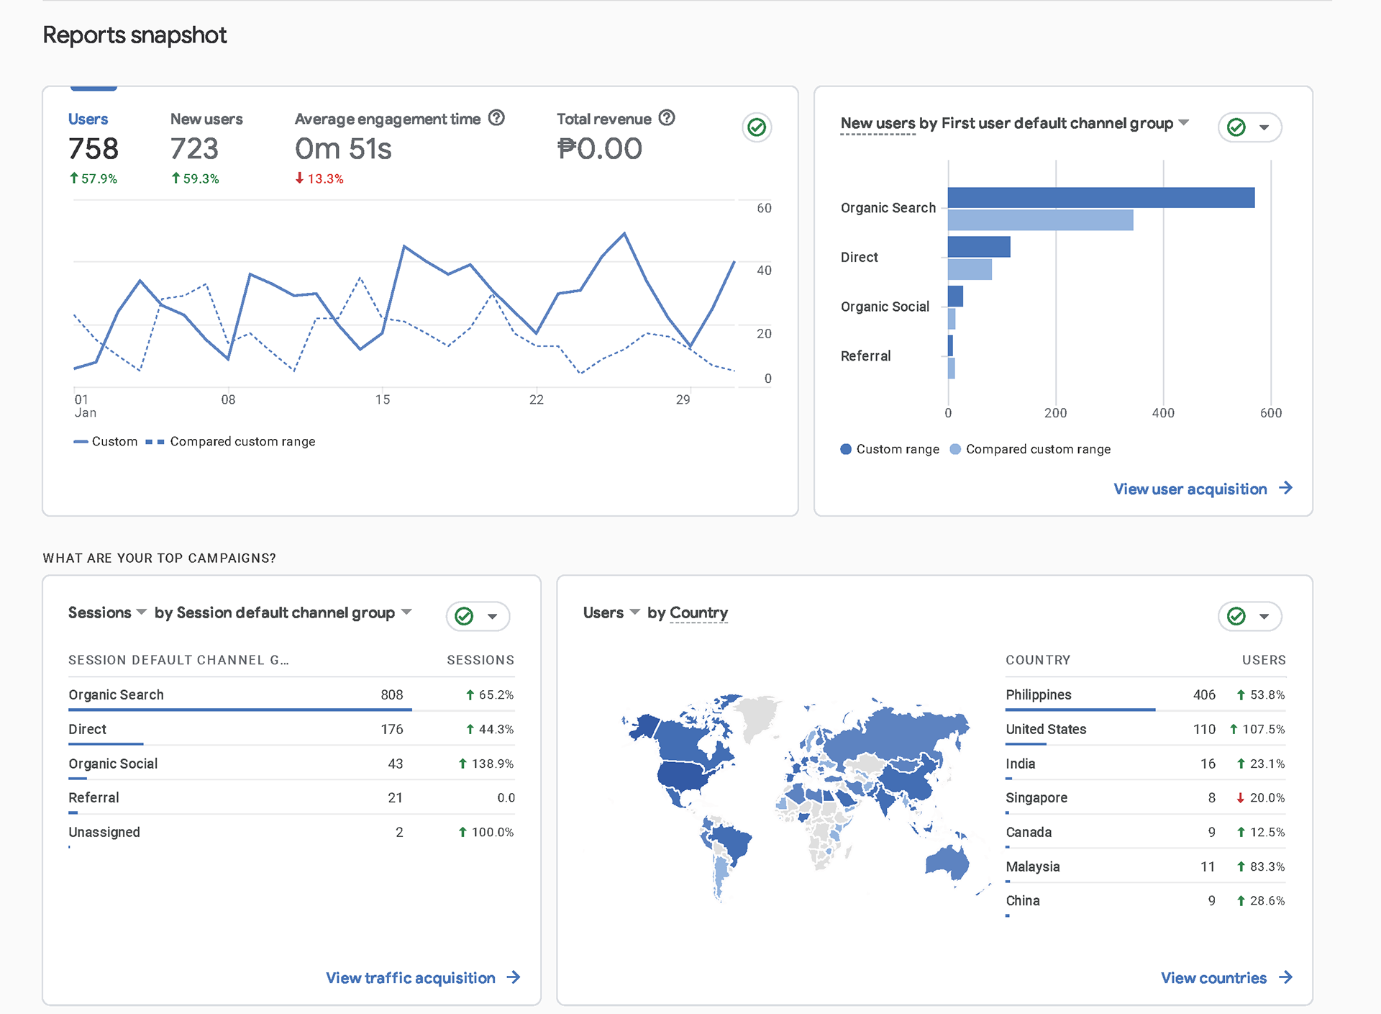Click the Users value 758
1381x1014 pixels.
94,149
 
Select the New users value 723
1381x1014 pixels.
194,149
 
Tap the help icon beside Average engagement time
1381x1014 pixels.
496,118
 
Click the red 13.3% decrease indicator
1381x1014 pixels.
319,178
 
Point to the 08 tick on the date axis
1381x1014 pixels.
228,399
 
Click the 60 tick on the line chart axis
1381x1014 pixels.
764,208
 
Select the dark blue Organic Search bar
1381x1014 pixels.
1100,198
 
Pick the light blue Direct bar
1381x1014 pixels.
970,270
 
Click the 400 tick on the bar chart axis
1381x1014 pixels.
1163,413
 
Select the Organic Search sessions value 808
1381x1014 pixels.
392,694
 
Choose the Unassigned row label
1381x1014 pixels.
104,832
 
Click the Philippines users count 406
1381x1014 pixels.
1204,694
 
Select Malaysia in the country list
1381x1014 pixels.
1033,866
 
